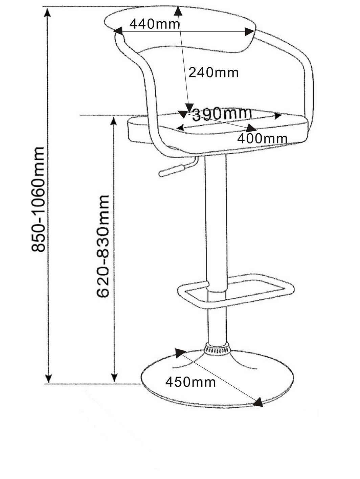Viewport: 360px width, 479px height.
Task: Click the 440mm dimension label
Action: (x=155, y=24)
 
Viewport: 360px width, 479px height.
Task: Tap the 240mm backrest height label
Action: (x=213, y=72)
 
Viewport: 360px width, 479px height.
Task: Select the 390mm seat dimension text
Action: (x=222, y=114)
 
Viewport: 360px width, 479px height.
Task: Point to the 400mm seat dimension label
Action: (x=262, y=139)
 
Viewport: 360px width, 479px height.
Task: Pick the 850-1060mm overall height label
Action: (x=38, y=199)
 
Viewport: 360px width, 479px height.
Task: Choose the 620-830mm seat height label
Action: (x=103, y=246)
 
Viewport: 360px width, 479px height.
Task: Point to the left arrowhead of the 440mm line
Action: (x=118, y=31)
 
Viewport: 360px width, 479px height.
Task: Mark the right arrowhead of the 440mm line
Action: (x=249, y=32)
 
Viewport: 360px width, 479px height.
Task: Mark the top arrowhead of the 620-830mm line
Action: (x=113, y=121)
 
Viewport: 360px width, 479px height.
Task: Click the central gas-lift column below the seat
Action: (x=216, y=249)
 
